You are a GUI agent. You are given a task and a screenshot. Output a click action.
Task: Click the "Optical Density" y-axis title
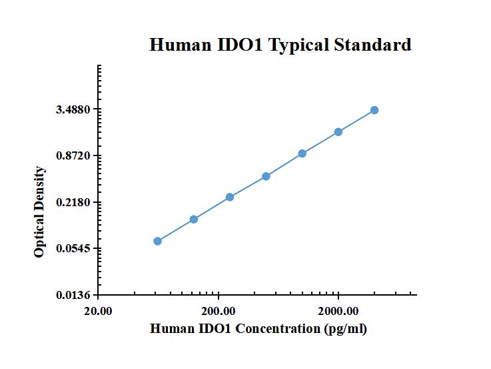pyautogui.click(x=40, y=212)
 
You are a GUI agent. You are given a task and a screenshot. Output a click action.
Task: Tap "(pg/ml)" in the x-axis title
pyautogui.click(x=345, y=328)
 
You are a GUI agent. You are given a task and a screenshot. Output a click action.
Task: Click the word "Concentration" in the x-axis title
pyautogui.click(x=277, y=328)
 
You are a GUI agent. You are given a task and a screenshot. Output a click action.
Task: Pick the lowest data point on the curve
pyautogui.click(x=157, y=241)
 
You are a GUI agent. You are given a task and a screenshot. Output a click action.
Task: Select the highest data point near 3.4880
pyautogui.click(x=374, y=110)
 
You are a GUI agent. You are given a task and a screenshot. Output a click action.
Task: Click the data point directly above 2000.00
pyautogui.click(x=338, y=132)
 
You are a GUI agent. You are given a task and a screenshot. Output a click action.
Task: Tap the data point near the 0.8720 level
pyautogui.click(x=302, y=153)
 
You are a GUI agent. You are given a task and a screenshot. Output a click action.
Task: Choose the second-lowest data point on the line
pyautogui.click(x=194, y=220)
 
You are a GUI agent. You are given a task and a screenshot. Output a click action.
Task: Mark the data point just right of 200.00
pyautogui.click(x=230, y=197)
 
